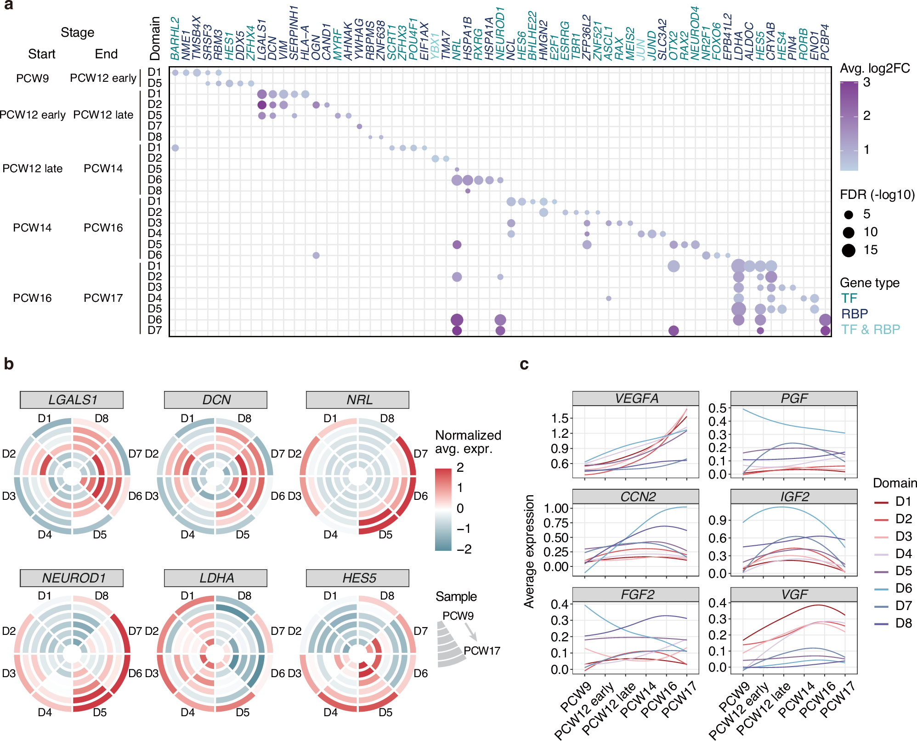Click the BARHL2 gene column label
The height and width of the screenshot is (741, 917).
tap(175, 39)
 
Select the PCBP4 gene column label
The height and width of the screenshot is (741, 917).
tap(825, 42)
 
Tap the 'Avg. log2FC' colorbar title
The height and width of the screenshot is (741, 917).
tap(875, 68)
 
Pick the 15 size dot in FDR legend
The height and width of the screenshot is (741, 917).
tap(849, 250)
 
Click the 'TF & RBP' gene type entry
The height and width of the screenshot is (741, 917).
tap(870, 329)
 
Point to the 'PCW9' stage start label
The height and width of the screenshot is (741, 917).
tap(32, 79)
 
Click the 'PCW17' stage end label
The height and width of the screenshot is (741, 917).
tap(103, 298)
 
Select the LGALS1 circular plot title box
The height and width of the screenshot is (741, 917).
tap(72, 400)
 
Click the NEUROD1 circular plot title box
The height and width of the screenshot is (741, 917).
tap(72, 578)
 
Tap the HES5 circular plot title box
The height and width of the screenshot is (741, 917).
tap(357, 578)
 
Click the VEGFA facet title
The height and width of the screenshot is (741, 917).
tap(635, 398)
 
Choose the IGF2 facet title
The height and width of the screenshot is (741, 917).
tap(793, 497)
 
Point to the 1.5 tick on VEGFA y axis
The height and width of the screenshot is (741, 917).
tap(560, 418)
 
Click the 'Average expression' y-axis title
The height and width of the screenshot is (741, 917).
tap(529, 551)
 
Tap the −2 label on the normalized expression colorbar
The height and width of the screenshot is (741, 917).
tap(464, 549)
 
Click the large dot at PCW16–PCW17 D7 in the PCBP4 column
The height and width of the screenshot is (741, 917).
tap(825, 330)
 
